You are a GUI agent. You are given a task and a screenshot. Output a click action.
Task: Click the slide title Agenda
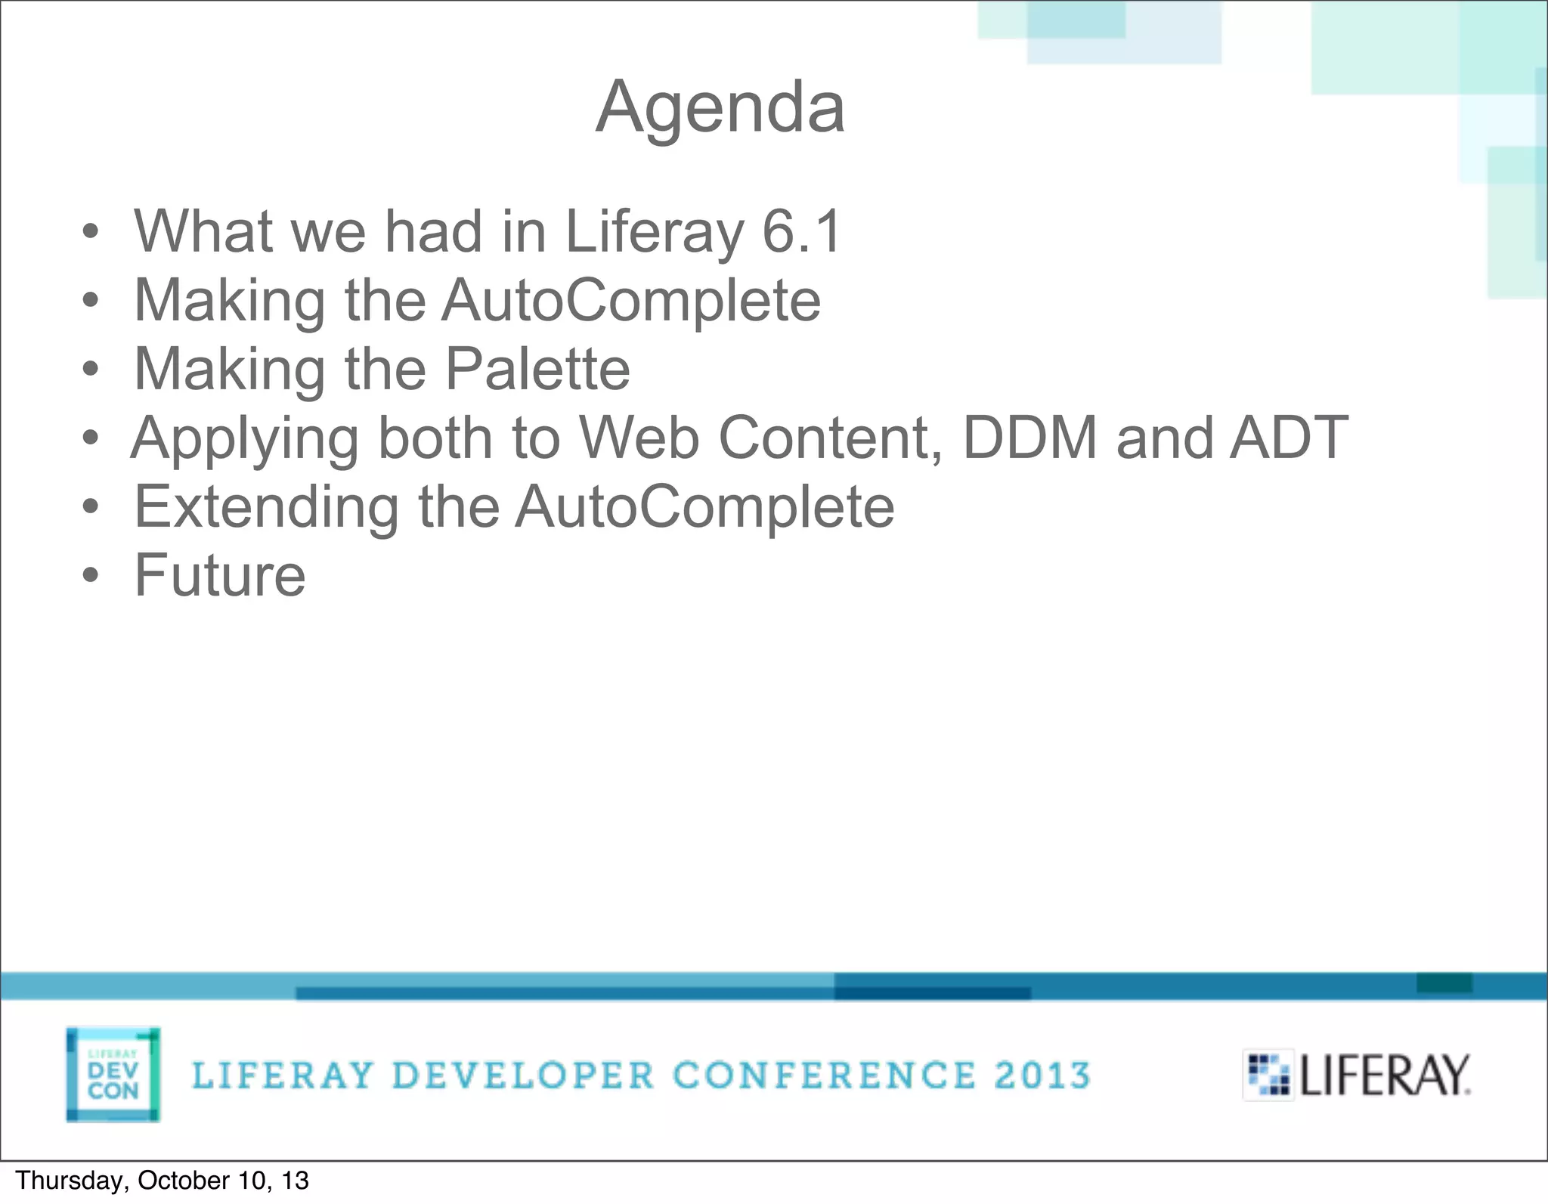click(x=720, y=108)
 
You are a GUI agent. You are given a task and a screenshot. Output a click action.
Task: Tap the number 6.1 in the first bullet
click(x=801, y=231)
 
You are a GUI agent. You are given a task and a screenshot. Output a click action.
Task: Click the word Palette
click(x=537, y=369)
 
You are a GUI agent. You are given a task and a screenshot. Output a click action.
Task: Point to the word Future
click(x=220, y=575)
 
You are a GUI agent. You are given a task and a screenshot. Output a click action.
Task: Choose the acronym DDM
click(x=1029, y=438)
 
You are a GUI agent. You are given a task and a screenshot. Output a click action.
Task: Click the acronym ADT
click(x=1289, y=438)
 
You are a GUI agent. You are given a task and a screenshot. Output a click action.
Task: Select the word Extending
click(x=266, y=507)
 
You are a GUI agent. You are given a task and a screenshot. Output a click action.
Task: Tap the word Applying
click(x=245, y=439)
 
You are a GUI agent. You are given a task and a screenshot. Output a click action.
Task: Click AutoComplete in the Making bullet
click(x=631, y=300)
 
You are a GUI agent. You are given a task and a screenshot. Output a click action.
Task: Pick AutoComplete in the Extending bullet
click(x=704, y=506)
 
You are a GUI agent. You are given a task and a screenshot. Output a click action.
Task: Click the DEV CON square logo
click(x=113, y=1074)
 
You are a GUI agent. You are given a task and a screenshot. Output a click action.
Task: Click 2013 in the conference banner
click(x=1042, y=1076)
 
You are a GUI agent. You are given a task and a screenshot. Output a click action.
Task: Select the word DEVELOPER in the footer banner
click(x=523, y=1076)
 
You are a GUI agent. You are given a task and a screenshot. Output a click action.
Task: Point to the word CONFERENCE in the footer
click(x=824, y=1076)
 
